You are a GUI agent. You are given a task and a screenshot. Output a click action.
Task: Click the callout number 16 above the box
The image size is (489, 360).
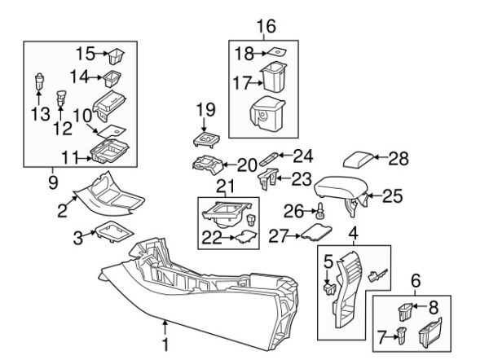coord(267,26)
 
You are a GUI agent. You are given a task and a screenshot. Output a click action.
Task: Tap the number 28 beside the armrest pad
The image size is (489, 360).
coord(399,158)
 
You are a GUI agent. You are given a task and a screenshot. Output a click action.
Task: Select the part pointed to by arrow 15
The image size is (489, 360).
coord(116,55)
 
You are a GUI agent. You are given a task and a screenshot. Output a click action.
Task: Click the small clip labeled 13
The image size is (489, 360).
coord(38,81)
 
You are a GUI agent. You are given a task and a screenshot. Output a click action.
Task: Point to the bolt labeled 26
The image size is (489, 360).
coord(320,211)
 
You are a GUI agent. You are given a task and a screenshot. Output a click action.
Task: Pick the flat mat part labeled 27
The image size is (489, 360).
coord(316,232)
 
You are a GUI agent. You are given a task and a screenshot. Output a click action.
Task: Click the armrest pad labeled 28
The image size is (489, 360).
coord(358,159)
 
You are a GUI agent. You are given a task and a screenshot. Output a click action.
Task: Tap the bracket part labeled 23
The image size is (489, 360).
coord(268,178)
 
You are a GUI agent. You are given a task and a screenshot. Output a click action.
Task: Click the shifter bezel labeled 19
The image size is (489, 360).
coord(206,139)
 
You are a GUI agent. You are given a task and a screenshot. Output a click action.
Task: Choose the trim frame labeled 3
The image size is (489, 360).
coord(114,231)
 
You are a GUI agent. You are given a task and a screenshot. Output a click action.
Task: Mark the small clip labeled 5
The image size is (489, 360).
coord(328,288)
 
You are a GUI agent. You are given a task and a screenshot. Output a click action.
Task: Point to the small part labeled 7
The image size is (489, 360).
coord(402,336)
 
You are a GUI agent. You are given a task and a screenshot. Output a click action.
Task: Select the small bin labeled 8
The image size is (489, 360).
coord(405,312)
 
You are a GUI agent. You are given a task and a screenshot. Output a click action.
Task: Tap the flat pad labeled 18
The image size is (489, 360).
coord(277,51)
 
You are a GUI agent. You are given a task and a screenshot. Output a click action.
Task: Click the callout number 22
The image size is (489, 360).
coord(211,238)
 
